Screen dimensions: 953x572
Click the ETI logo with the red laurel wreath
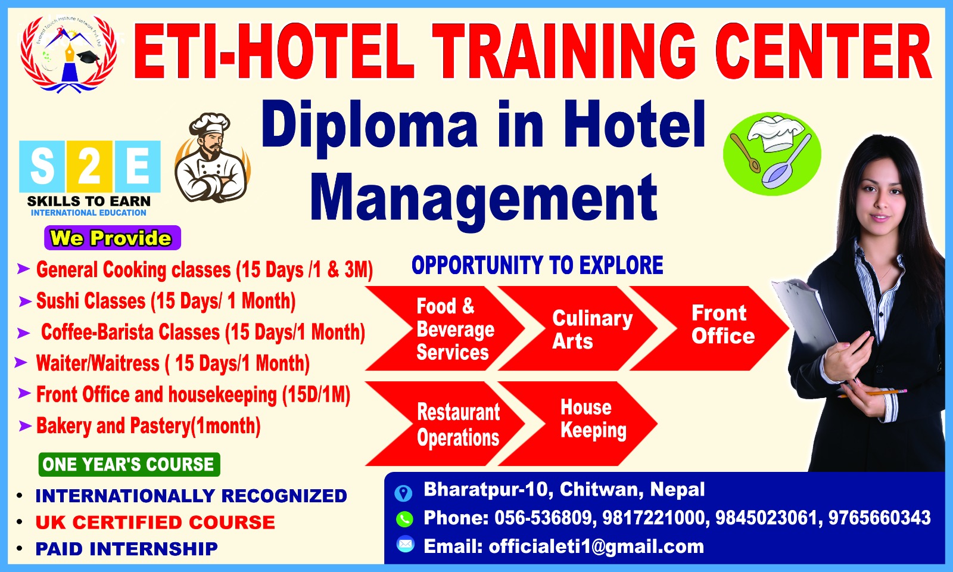click(x=68, y=53)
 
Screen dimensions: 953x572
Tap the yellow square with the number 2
click(x=89, y=166)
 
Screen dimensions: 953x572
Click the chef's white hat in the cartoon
click(x=210, y=124)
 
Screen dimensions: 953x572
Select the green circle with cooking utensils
click(x=772, y=154)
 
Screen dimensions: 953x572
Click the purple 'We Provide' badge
click(x=113, y=238)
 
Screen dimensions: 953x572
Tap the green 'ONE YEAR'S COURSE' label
click(x=129, y=464)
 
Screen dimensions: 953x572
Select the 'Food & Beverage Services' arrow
click(x=445, y=328)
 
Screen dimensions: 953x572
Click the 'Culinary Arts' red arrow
click(x=578, y=328)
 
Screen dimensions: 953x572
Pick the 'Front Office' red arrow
click(x=709, y=328)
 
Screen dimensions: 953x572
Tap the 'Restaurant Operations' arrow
click(x=445, y=424)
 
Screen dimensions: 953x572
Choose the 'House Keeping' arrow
click(x=578, y=424)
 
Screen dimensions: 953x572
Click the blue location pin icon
click(x=403, y=493)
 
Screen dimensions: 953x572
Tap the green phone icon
click(x=404, y=519)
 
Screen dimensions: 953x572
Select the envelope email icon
click(x=405, y=545)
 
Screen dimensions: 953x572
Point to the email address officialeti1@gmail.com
click(x=596, y=546)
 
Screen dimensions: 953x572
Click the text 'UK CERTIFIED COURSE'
click(x=155, y=523)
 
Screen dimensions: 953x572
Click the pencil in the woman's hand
click(x=872, y=393)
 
